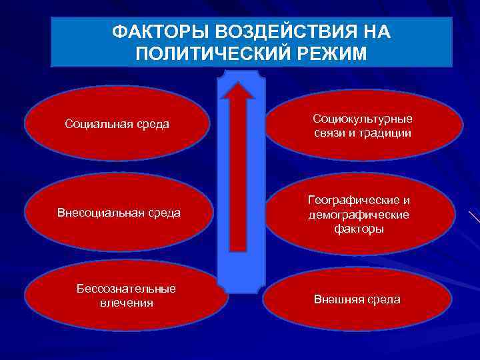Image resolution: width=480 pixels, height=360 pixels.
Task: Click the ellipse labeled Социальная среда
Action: coord(117,124)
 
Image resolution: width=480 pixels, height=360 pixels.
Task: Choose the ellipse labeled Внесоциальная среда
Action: coord(119,213)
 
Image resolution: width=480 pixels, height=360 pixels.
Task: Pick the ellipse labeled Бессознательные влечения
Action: coord(126,295)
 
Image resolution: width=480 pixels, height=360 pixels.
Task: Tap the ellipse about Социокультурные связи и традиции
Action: coord(363,126)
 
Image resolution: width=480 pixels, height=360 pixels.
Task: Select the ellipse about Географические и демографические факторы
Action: coord(359,214)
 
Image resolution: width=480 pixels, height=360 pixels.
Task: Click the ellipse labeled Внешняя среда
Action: coord(357,299)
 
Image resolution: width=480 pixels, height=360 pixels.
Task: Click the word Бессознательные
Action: coord(126,289)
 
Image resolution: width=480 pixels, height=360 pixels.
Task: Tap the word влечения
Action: coord(126,303)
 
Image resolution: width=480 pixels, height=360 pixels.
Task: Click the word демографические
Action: coord(359,215)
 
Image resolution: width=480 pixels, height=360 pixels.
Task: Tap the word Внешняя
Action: coord(336,299)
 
